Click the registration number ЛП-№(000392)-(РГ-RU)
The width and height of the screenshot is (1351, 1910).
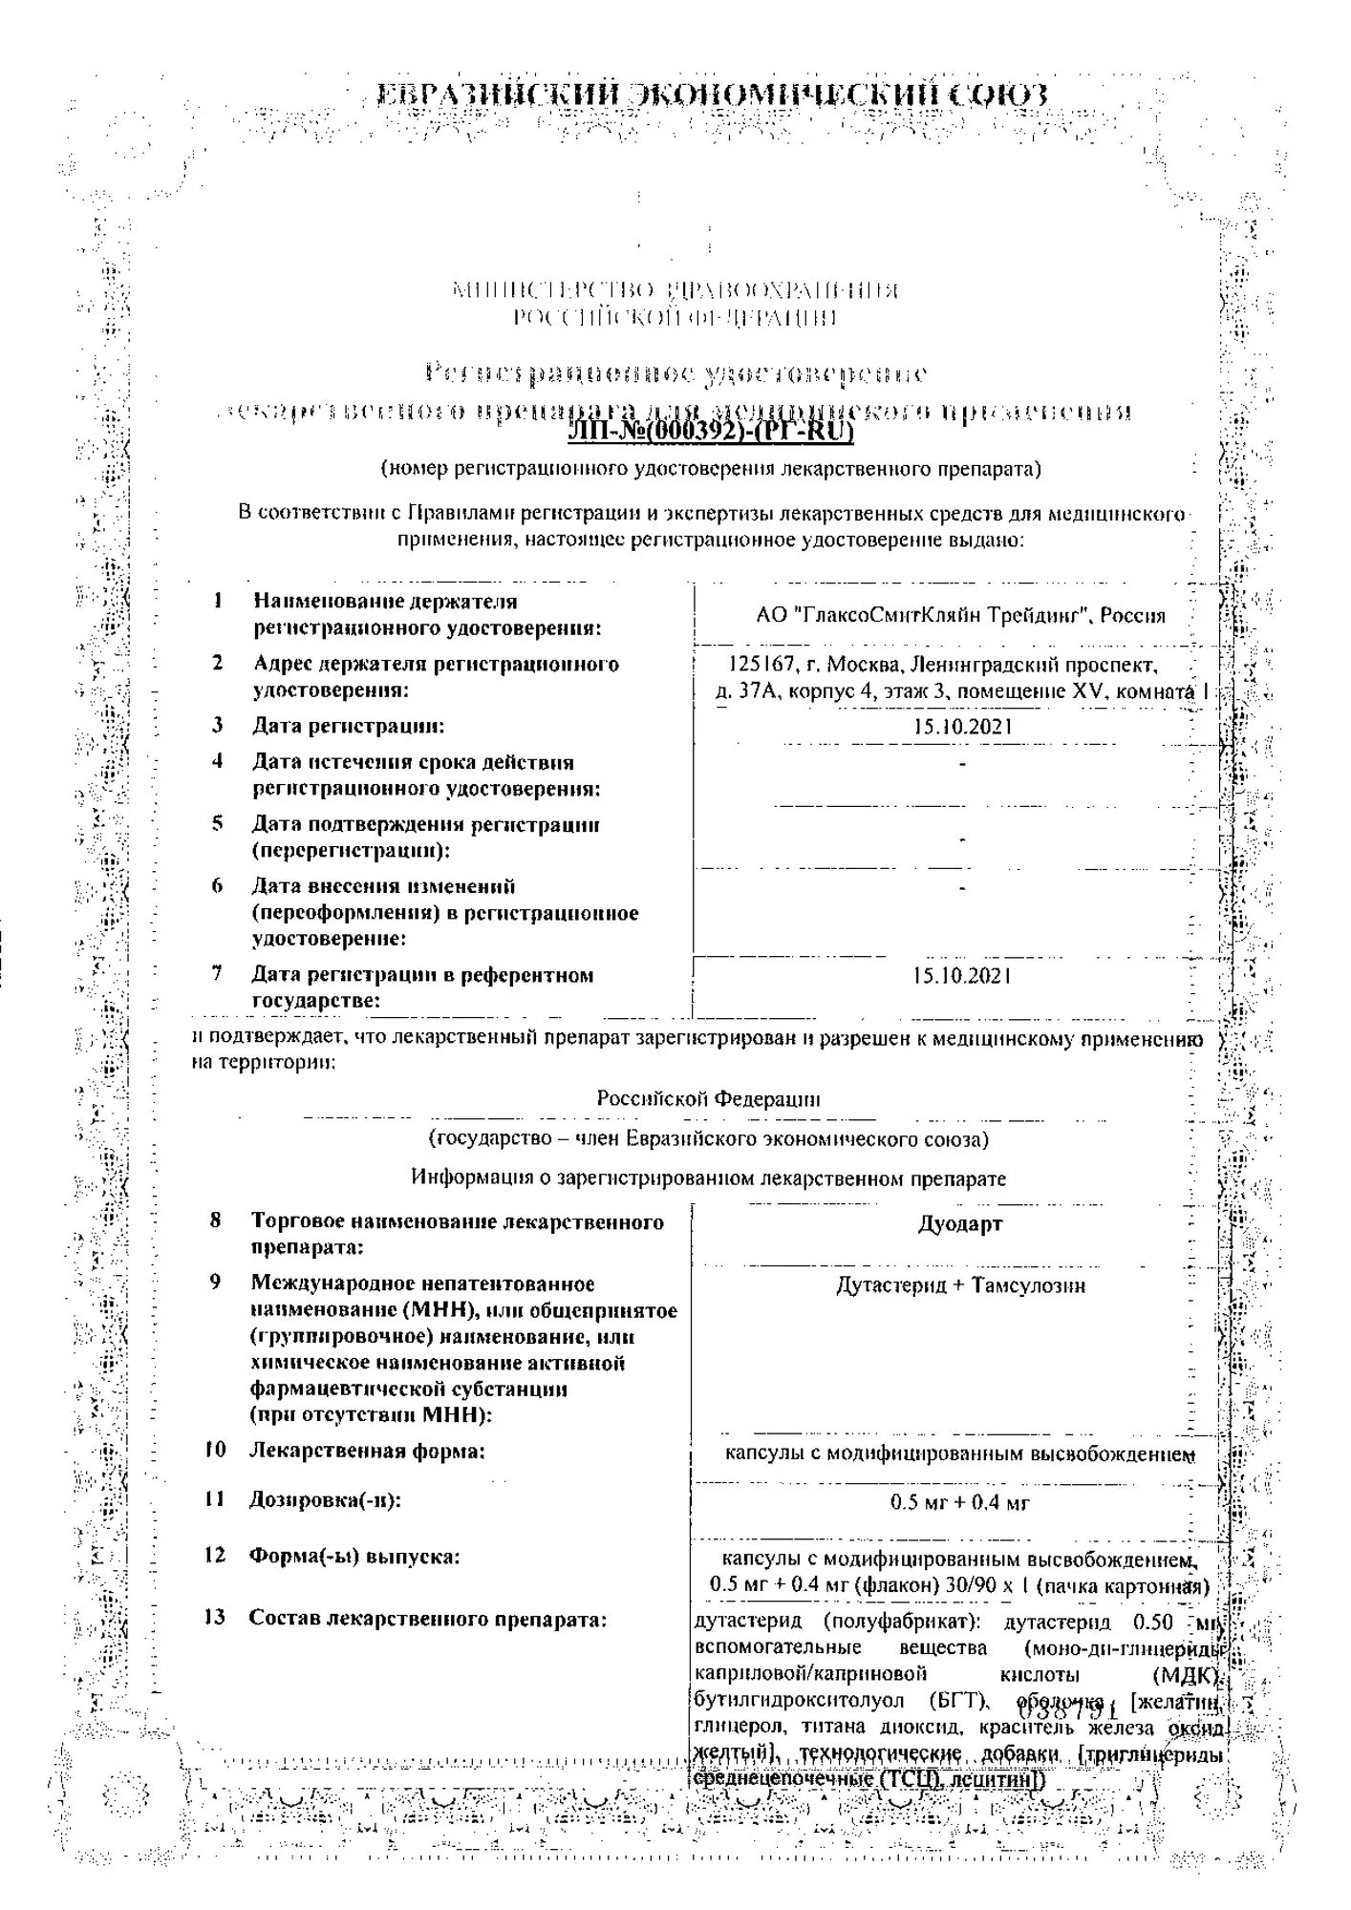pos(710,433)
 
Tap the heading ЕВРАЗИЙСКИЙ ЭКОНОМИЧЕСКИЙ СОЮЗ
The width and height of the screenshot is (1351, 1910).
pos(712,95)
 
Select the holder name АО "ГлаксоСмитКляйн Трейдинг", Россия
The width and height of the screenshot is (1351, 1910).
pos(960,616)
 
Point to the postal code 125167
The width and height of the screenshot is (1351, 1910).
pos(755,665)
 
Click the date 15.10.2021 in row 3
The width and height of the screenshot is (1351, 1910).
pos(962,727)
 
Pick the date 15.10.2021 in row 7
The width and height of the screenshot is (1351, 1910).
pos(961,976)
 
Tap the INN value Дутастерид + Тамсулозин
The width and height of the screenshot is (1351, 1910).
pos(960,1285)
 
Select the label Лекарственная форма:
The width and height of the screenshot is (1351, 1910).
pos(367,1452)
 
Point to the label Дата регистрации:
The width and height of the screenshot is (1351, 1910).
pos(348,726)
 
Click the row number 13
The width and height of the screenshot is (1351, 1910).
pos(215,1617)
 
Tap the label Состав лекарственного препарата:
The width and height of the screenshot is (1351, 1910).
pos(428,1619)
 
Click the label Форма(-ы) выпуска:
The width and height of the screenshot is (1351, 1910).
pos(354,1557)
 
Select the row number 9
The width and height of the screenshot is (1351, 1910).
pos(216,1283)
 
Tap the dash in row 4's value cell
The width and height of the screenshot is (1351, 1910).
pos(962,764)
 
